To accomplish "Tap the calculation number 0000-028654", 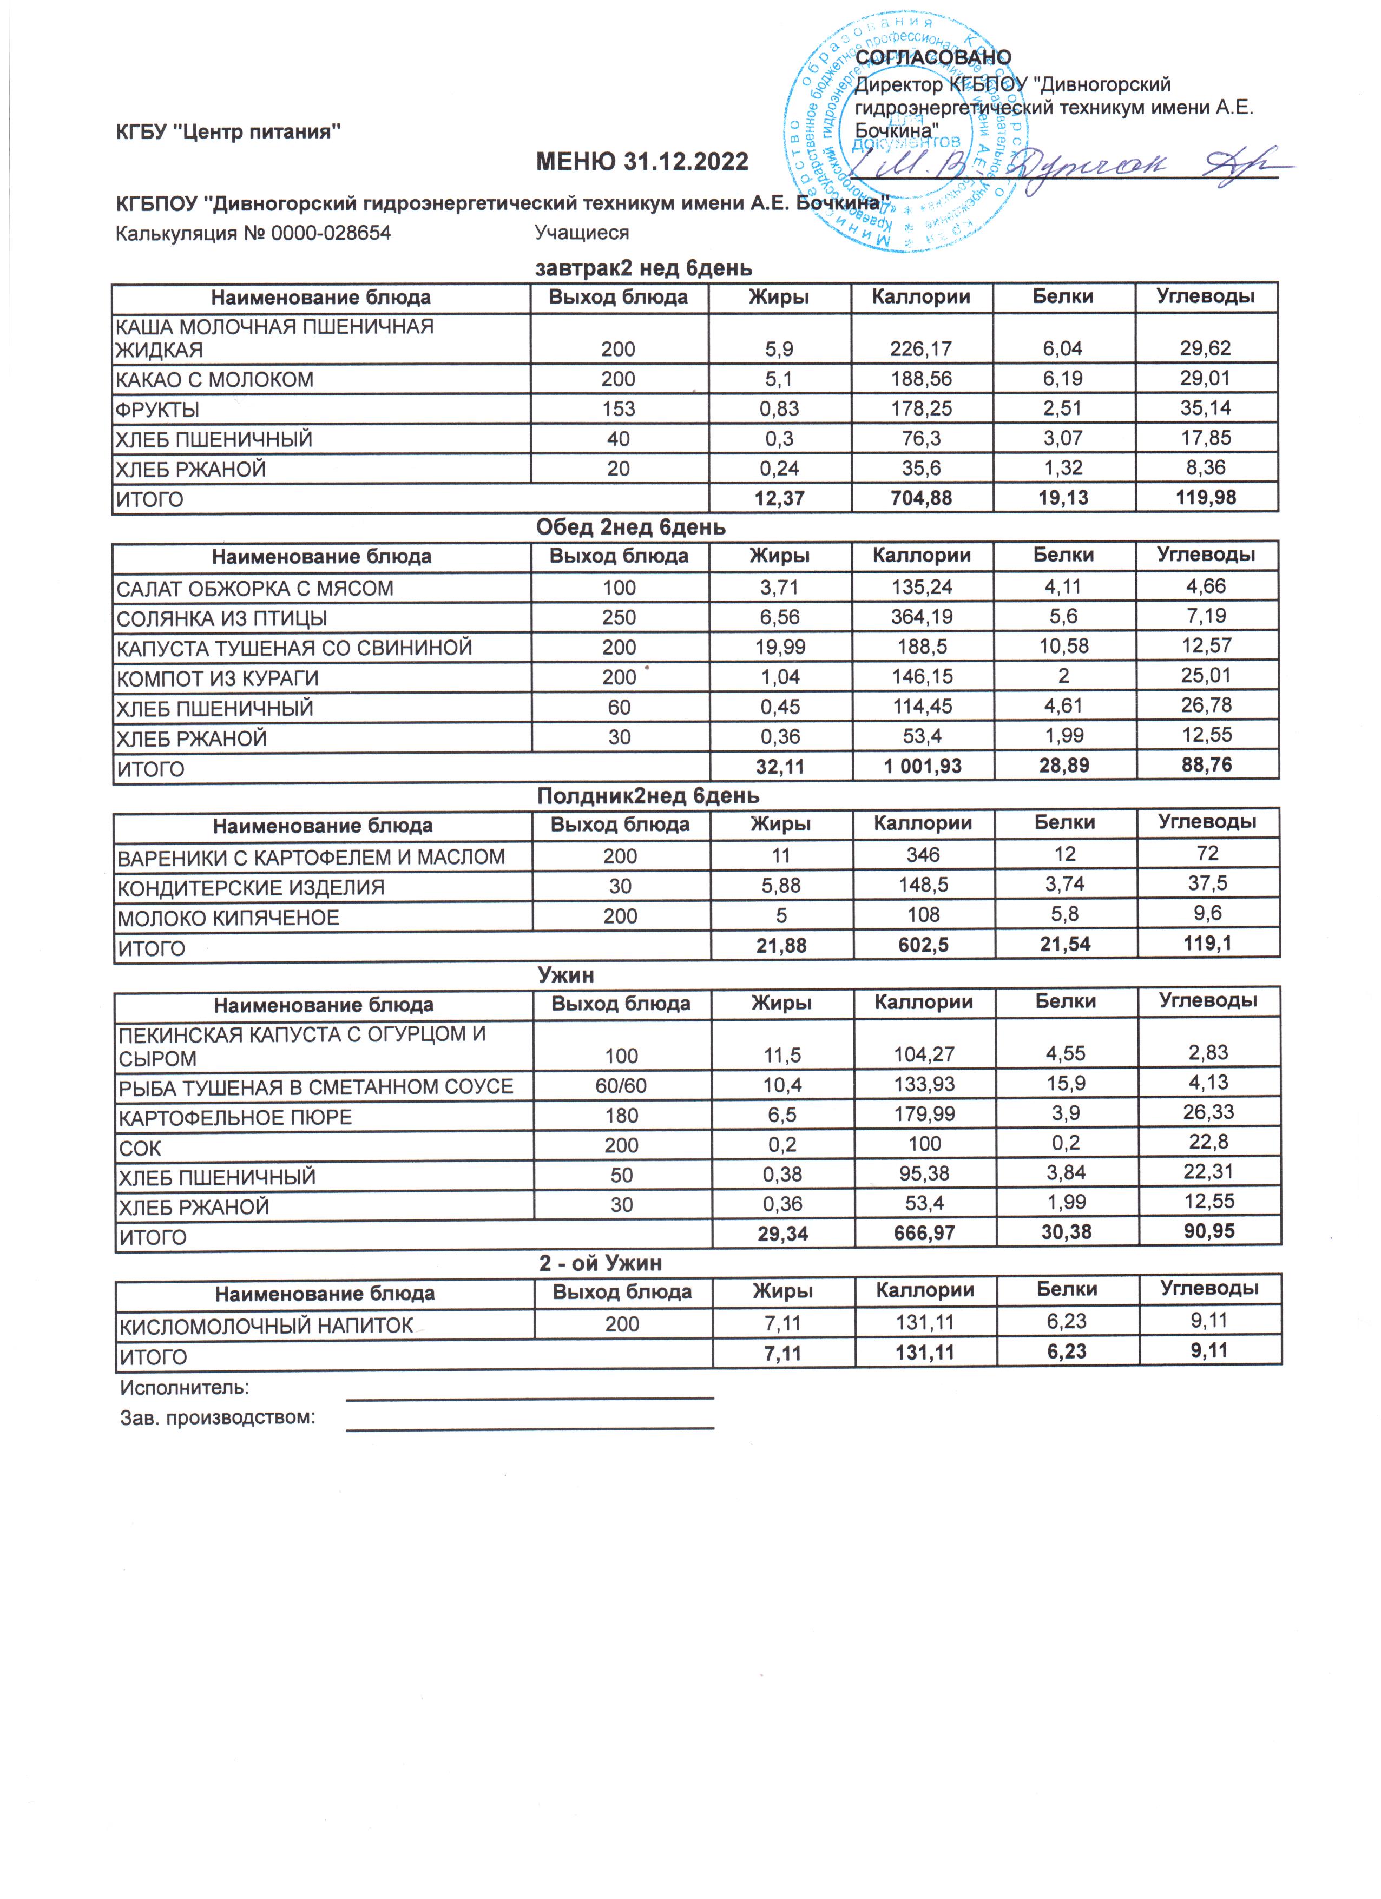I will (x=331, y=233).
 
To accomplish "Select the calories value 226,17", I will (x=920, y=348).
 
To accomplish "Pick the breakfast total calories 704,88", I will (x=921, y=498).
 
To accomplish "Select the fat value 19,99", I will (x=779, y=647).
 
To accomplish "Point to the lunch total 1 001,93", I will (x=923, y=766).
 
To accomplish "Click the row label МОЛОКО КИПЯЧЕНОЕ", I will (x=228, y=918).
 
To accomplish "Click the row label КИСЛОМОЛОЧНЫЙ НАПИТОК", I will (x=266, y=1326).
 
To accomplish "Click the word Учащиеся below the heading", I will (x=581, y=233).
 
